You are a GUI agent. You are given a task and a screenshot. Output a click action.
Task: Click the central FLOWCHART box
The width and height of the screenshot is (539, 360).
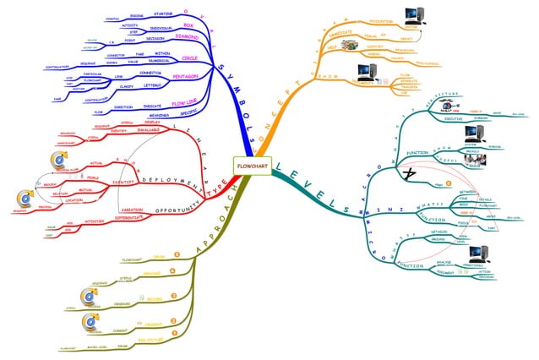click(253, 164)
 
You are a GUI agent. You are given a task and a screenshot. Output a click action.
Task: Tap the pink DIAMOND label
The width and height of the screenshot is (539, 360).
click(199, 37)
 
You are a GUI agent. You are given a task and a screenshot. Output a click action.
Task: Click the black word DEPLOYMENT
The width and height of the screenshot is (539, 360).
click(172, 180)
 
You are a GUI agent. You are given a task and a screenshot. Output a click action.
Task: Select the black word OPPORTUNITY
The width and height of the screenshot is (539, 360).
click(170, 209)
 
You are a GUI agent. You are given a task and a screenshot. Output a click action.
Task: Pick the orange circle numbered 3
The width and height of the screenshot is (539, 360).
click(174, 296)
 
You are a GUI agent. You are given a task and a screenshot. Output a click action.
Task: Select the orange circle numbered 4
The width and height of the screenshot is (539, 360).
click(174, 270)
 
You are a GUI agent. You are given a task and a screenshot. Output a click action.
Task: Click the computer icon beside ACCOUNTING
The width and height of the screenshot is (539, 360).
click(413, 15)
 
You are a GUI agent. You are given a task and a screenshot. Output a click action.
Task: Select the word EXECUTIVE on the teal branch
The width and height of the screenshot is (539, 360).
click(455, 119)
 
